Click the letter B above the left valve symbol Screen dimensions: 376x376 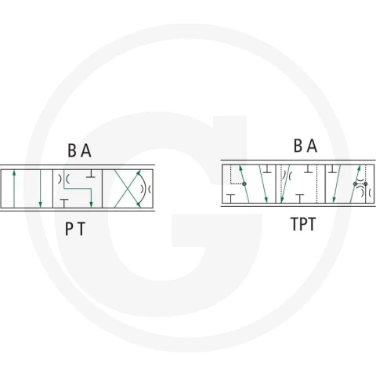pos(72,150)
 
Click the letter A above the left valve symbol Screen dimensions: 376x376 pos(86,150)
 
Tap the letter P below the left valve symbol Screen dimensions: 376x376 pos(69,229)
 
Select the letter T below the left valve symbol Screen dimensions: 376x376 pos(81,229)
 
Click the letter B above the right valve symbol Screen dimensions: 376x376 pos(298,146)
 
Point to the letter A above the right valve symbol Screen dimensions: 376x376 pos(312,146)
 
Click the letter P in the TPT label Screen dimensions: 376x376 pos(303,224)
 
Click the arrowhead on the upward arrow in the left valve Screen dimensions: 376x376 pos(14,173)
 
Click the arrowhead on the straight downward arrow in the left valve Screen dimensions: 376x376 pos(40,204)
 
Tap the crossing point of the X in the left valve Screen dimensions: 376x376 pos(128,189)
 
